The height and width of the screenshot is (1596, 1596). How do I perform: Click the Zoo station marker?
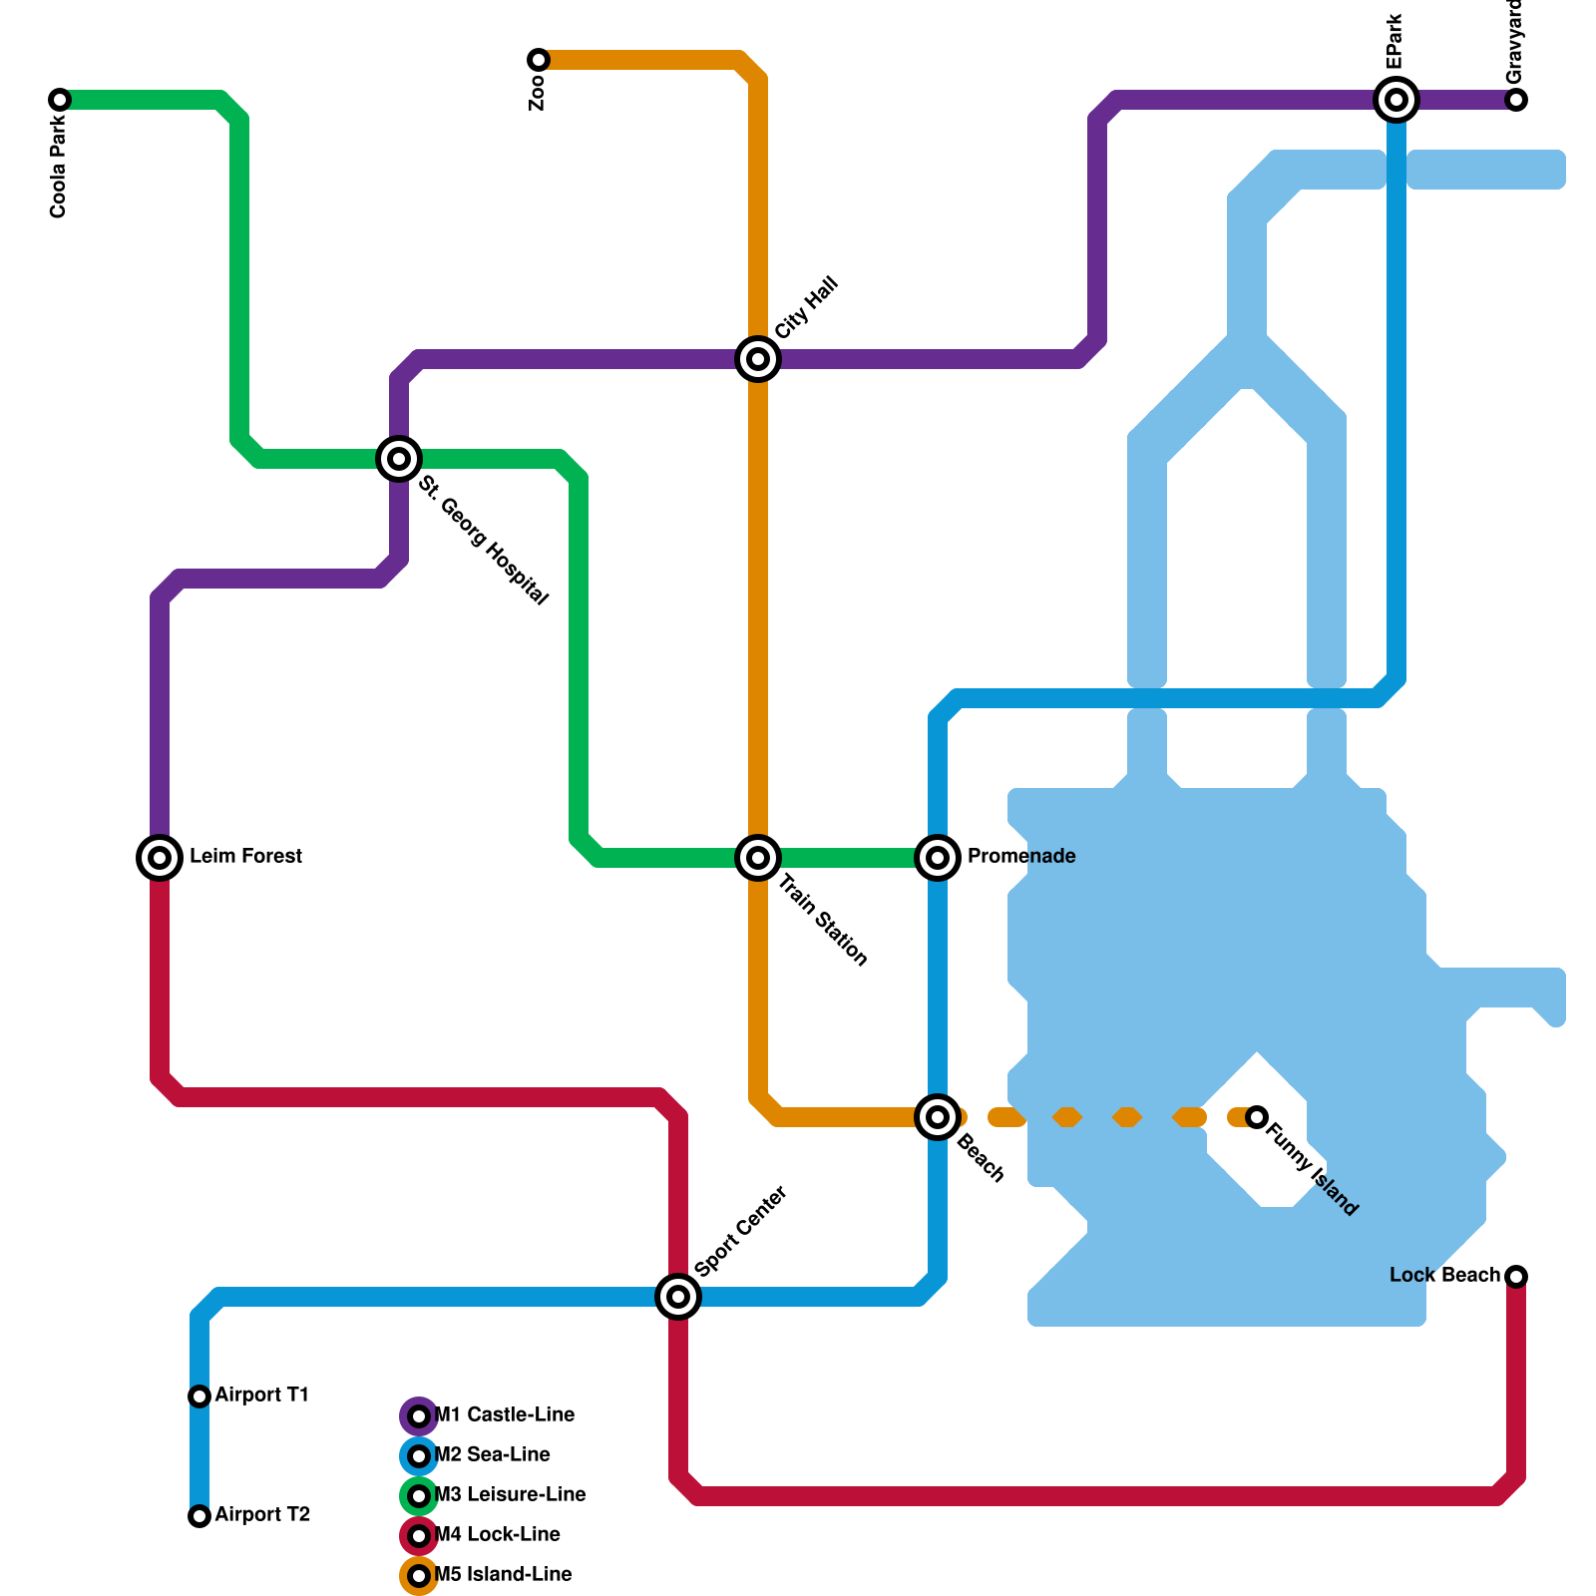(539, 60)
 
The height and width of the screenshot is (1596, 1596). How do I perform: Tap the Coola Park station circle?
(60, 100)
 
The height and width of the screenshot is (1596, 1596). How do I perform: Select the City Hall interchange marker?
(758, 359)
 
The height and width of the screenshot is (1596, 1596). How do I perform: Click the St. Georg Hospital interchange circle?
(399, 459)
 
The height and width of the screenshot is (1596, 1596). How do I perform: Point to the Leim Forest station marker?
(160, 857)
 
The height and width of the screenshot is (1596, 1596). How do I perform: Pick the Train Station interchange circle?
(758, 857)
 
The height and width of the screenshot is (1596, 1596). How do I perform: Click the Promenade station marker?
(938, 857)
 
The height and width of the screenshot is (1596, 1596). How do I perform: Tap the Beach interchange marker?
(938, 1117)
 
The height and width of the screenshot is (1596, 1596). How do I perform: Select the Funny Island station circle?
(1257, 1117)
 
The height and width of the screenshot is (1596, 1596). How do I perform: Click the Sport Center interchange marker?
(678, 1297)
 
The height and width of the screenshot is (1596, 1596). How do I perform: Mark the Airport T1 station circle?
(199, 1396)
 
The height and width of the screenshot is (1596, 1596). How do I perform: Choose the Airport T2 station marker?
(199, 1516)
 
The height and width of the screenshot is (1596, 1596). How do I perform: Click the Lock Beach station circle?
(1516, 1276)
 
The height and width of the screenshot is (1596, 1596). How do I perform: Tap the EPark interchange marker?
(1396, 100)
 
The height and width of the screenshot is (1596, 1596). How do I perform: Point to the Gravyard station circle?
(1516, 100)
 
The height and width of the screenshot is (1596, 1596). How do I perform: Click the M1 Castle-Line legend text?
(504, 1415)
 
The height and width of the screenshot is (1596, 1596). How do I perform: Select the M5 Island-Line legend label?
(503, 1575)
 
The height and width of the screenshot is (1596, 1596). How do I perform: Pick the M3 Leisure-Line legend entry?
(510, 1495)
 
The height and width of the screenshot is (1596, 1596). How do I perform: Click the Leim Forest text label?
(245, 857)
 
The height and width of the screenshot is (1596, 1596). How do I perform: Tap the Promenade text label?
(1021, 857)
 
